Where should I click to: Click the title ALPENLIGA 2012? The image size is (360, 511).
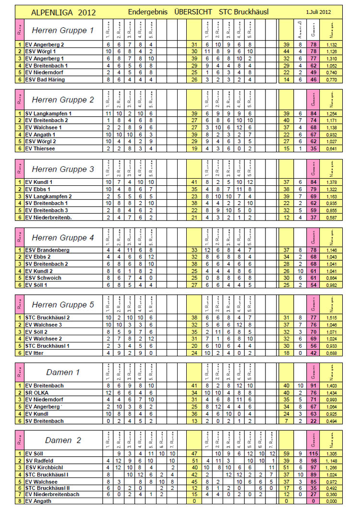click(x=63, y=12)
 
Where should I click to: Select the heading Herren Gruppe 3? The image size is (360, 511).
click(x=62, y=169)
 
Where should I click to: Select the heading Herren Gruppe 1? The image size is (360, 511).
click(x=62, y=31)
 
